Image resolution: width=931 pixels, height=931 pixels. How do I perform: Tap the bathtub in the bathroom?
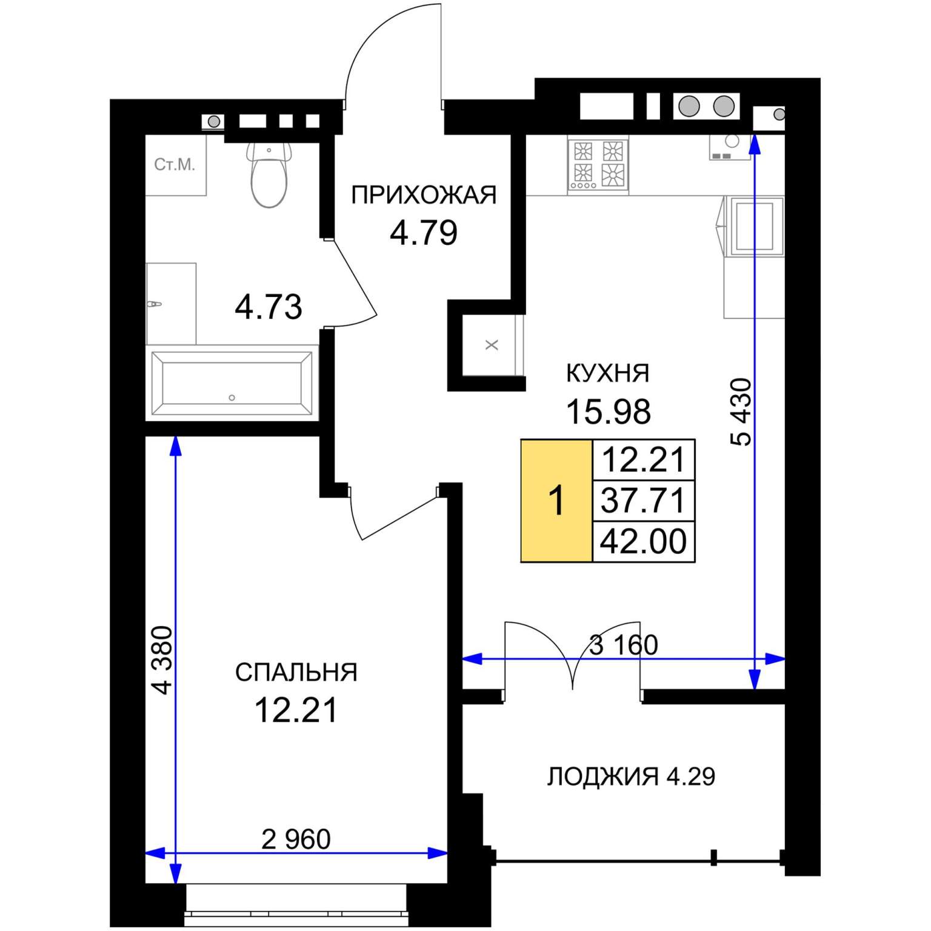click(232, 383)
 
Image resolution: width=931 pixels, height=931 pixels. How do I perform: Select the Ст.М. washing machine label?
click(175, 165)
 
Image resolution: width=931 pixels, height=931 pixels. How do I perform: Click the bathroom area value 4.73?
click(269, 307)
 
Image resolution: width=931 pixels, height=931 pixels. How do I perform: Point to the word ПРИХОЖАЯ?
click(424, 195)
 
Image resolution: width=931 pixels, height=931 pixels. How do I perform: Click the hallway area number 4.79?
click(424, 233)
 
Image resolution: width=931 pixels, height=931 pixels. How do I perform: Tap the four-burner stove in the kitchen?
click(598, 165)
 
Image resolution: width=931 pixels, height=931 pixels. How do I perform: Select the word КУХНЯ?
click(607, 373)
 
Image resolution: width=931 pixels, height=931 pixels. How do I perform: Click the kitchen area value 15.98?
click(608, 412)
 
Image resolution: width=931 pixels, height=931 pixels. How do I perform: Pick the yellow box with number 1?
click(556, 501)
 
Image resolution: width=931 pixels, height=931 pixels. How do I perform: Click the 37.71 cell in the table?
click(643, 501)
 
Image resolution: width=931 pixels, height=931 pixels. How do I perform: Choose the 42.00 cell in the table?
click(643, 541)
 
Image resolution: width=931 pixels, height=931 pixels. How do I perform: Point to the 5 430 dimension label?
click(741, 412)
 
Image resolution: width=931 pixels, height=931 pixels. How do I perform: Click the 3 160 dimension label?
click(624, 645)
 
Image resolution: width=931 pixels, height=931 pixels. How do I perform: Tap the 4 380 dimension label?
click(162, 660)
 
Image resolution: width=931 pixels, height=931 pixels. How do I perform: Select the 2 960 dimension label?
click(296, 839)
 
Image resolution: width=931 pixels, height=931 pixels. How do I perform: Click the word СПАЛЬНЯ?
click(296, 673)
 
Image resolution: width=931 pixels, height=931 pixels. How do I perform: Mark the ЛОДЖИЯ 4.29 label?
click(631, 776)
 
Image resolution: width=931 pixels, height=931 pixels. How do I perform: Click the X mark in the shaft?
click(492, 345)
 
